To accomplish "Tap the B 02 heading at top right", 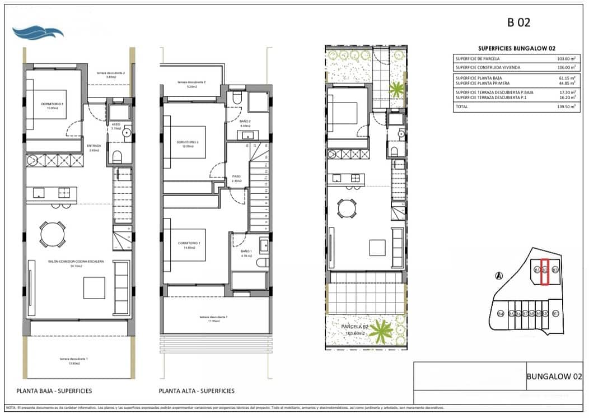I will pos(518,23).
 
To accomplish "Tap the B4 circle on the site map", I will pos(501,313).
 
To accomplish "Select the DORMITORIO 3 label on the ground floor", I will pos(52,104).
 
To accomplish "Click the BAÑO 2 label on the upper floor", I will pos(245,123).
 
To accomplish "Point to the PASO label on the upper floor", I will pos(236,178).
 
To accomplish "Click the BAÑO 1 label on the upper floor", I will pos(246,252).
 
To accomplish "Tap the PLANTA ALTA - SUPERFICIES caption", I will pos(197,391).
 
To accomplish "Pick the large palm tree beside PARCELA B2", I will pos(381,330).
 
